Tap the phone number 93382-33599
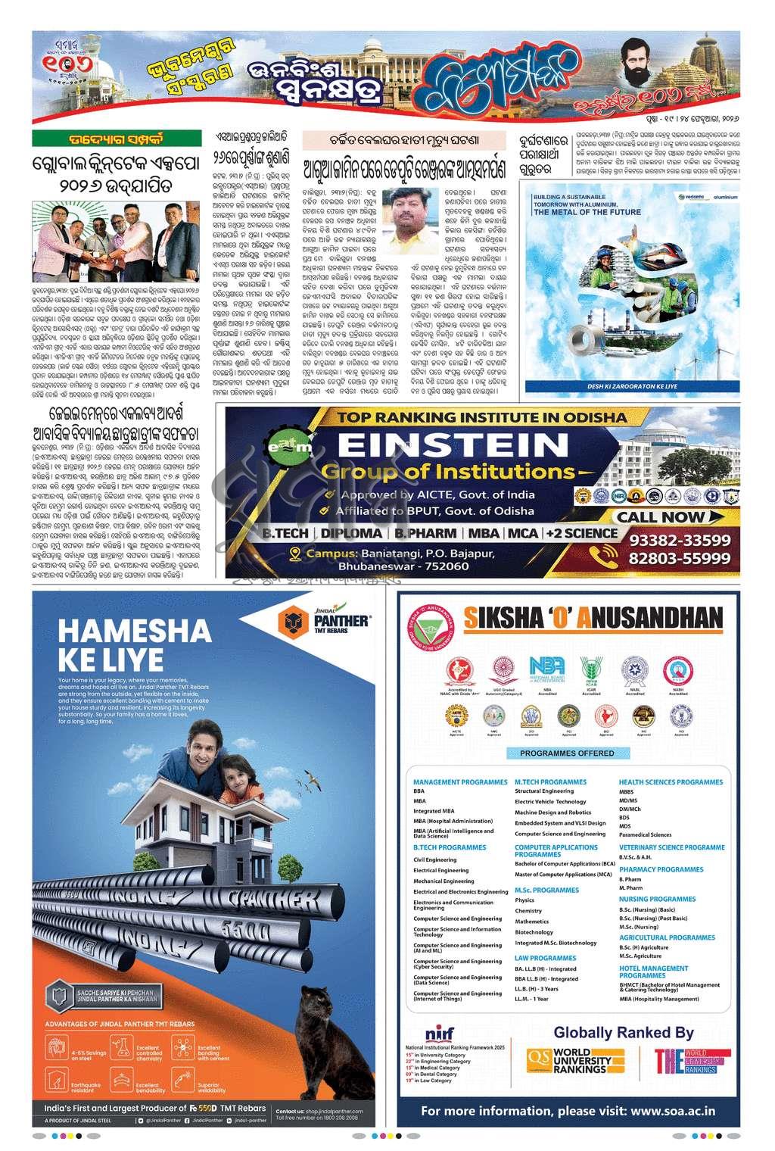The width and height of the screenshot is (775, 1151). [679, 540]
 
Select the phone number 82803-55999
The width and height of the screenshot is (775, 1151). [679, 559]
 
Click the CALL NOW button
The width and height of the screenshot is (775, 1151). [661, 517]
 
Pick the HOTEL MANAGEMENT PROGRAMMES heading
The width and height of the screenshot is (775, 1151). [653, 972]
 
